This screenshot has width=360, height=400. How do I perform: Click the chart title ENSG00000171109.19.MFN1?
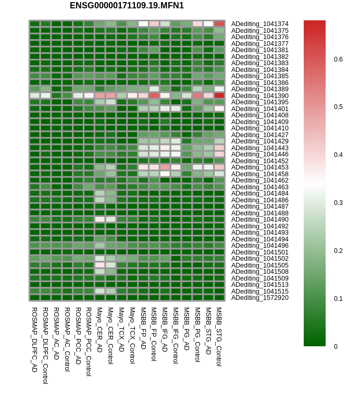(x=127, y=6)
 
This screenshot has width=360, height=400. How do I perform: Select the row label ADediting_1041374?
(x=259, y=24)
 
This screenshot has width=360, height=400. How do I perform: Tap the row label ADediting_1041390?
(x=259, y=96)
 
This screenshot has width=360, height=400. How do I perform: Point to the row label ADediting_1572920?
(x=259, y=298)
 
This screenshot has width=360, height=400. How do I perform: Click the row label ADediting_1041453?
(x=259, y=167)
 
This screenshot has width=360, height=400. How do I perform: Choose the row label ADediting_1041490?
(x=259, y=220)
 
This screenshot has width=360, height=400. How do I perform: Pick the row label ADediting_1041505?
(x=259, y=265)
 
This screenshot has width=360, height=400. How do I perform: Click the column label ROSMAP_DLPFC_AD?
(x=34, y=339)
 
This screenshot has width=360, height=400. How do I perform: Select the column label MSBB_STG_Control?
(x=219, y=336)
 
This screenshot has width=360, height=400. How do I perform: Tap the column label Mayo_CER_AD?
(x=100, y=329)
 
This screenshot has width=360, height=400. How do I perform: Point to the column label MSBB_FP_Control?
(x=154, y=334)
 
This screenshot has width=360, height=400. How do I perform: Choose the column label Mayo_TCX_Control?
(x=132, y=335)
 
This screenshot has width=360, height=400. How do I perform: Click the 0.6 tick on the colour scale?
(x=338, y=59)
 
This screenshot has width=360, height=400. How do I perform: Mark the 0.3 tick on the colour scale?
(x=338, y=203)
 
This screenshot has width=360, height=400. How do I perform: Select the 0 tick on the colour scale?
(x=336, y=346)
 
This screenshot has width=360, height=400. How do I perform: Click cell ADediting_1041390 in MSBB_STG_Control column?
(x=219, y=95)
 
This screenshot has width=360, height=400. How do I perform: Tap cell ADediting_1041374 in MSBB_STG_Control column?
(x=219, y=24)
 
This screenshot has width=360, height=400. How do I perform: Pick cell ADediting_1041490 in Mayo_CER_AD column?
(x=100, y=220)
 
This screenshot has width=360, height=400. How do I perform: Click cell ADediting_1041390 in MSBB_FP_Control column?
(x=154, y=95)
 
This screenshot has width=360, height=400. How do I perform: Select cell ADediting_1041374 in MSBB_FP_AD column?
(x=143, y=24)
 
